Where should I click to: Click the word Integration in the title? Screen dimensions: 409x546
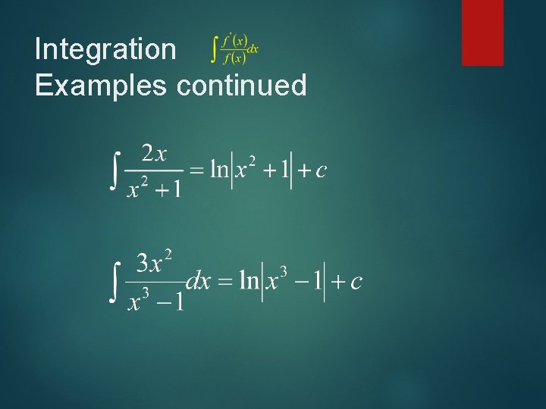tap(105, 50)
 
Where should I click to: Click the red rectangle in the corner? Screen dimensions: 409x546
tap(482, 32)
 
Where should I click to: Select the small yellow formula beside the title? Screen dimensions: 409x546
tap(234, 49)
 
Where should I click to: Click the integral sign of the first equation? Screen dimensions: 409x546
tap(115, 170)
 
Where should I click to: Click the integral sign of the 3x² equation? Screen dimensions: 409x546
tap(115, 281)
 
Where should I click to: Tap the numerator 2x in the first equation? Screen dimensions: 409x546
tap(155, 154)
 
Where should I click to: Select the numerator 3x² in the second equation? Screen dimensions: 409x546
tap(155, 264)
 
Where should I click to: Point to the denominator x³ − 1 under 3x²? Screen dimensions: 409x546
tap(155, 301)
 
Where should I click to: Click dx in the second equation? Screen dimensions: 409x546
tap(198, 282)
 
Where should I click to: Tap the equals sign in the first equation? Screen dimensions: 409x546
tap(196, 171)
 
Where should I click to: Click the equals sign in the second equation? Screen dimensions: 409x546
tap(224, 283)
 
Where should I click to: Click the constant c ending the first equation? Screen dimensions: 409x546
tap(321, 171)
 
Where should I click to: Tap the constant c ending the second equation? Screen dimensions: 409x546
tap(356, 283)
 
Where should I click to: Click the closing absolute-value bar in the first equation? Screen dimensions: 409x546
tap(292, 170)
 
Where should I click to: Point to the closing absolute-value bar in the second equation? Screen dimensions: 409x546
tap(324, 282)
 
